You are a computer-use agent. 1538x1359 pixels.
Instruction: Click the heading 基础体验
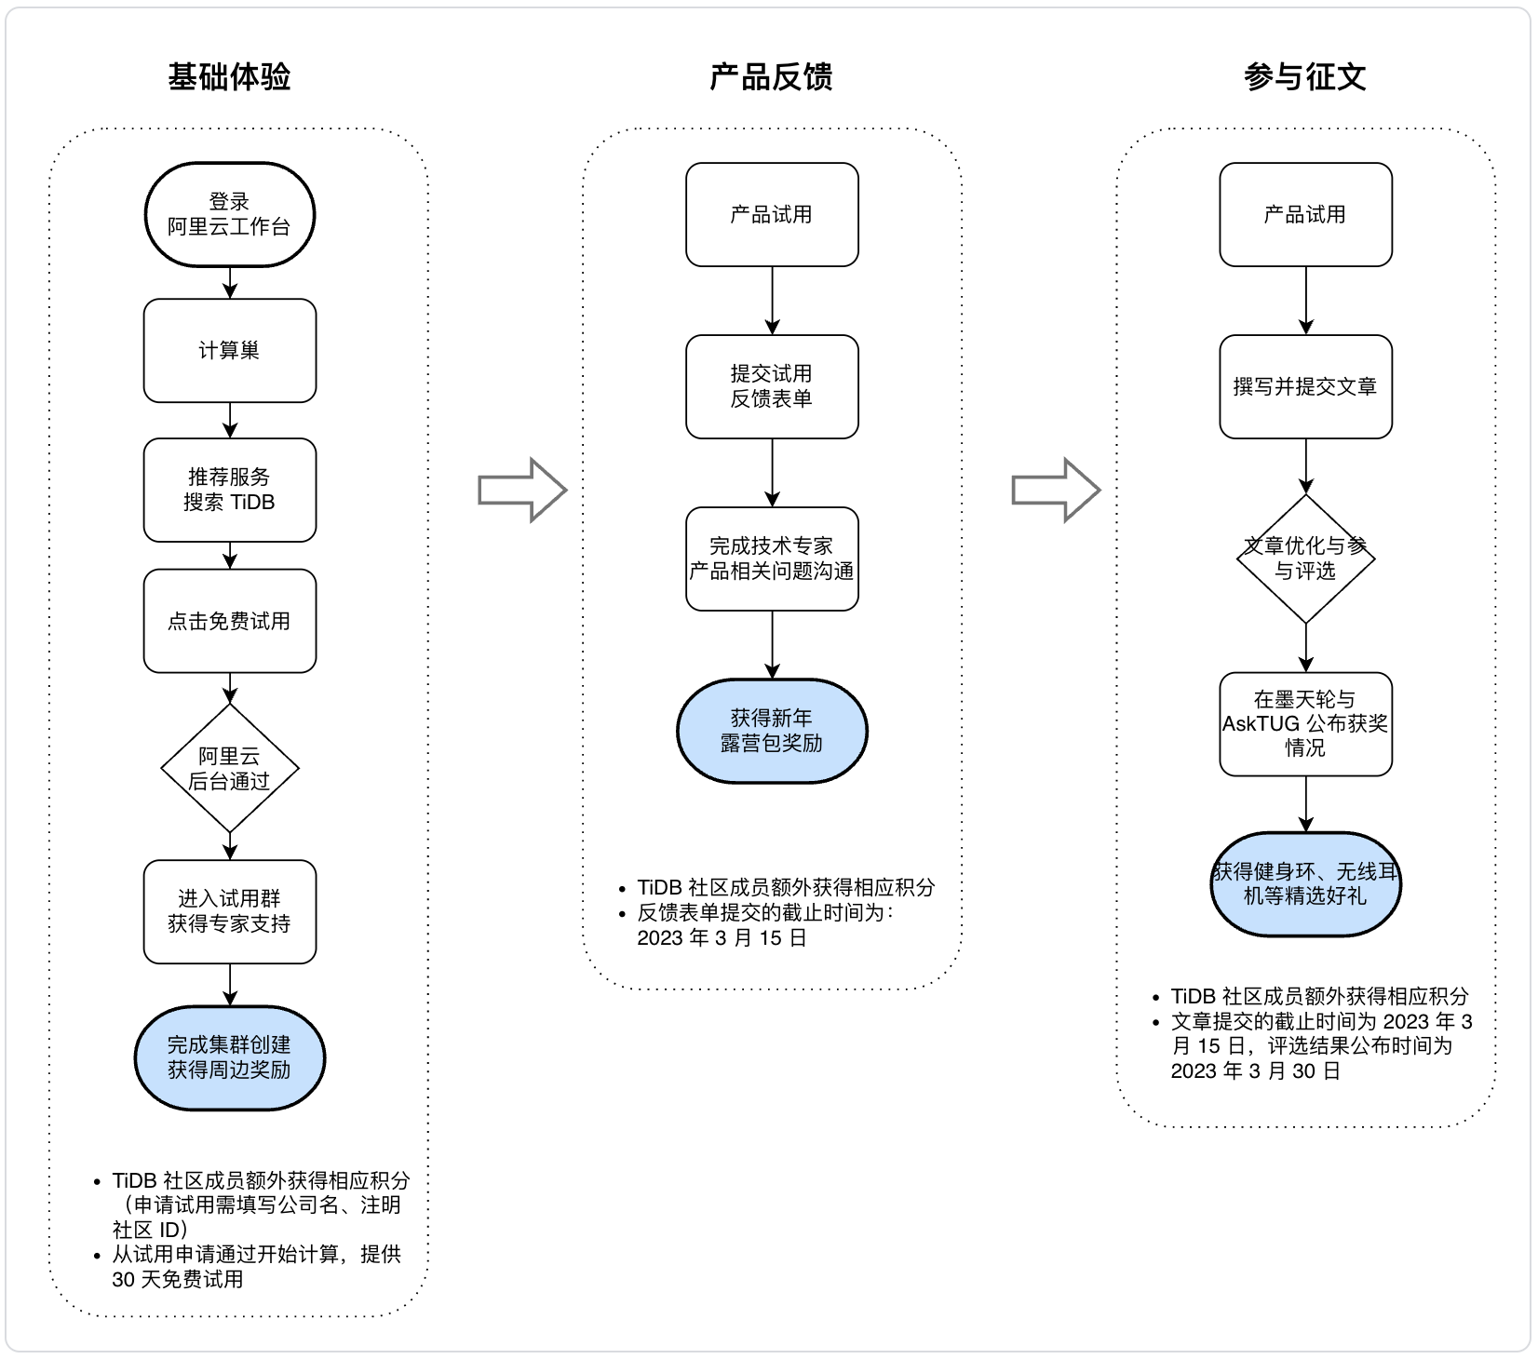coord(229,76)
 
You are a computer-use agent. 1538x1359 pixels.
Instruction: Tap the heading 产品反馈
coord(771,76)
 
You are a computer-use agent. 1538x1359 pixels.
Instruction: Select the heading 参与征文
coord(1305,76)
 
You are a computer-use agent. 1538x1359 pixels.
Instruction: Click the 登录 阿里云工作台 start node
coord(230,215)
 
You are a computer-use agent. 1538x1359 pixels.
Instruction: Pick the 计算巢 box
coord(230,351)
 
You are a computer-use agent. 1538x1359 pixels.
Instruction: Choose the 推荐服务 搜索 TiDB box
coord(230,490)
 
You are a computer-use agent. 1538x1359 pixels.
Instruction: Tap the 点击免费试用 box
coord(230,621)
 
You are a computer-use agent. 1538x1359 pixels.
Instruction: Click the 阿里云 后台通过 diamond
coord(230,768)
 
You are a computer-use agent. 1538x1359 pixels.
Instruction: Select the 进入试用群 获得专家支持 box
coord(230,911)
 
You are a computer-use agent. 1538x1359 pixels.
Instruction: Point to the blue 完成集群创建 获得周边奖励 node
coord(230,1057)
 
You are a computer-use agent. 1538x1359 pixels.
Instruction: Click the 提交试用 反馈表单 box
coord(772,386)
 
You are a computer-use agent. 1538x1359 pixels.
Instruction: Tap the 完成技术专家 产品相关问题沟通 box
coord(772,558)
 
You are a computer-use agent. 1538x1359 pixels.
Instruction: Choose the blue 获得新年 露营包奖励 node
coord(772,731)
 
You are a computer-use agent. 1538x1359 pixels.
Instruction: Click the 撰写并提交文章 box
coord(1306,386)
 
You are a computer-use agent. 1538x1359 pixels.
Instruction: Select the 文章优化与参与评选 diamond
coord(1306,558)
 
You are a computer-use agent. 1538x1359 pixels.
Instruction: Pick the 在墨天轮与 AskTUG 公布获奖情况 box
coord(1306,724)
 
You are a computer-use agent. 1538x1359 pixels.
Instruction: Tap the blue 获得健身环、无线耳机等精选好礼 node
coord(1306,884)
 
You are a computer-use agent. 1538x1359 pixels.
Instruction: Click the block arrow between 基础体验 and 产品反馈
coord(522,490)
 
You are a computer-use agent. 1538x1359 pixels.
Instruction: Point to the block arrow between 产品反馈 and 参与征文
coord(1057,490)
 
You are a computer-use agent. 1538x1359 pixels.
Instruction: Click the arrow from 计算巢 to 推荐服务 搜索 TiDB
coord(230,421)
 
